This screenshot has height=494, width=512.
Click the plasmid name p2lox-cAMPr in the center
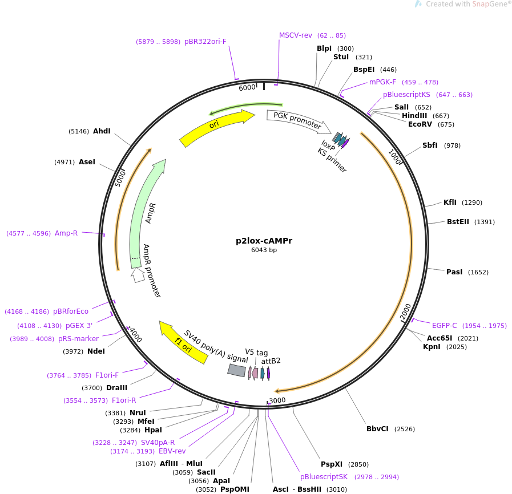click(x=264, y=241)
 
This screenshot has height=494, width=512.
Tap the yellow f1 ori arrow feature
click(x=183, y=342)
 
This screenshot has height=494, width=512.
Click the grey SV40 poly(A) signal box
click(x=236, y=370)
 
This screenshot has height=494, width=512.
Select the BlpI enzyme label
click(x=324, y=48)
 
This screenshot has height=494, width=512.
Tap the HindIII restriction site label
click(x=414, y=116)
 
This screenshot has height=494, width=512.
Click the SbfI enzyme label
click(x=430, y=145)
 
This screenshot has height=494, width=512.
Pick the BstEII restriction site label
click(x=458, y=222)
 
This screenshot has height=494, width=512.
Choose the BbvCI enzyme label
click(x=378, y=429)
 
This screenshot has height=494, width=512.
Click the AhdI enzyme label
click(x=102, y=131)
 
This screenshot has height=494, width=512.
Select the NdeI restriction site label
click(x=96, y=351)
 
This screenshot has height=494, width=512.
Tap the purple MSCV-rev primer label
click(x=296, y=35)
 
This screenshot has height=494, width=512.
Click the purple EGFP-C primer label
click(x=444, y=326)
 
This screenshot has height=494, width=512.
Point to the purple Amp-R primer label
click(x=66, y=233)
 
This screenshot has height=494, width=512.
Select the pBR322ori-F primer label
click(x=205, y=42)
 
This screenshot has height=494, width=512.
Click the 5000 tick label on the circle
click(x=120, y=177)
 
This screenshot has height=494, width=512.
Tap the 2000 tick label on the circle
click(x=405, y=312)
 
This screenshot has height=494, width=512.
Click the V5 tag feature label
click(x=256, y=353)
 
